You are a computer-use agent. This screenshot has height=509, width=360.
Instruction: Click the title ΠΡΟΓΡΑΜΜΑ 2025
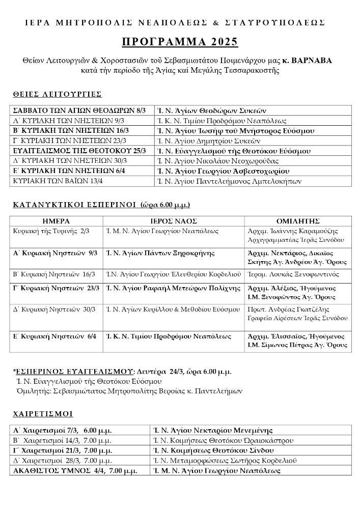click(x=180, y=41)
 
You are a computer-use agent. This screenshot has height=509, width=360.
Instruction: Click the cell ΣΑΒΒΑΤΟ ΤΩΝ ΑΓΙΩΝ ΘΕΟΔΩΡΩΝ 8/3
click(x=79, y=110)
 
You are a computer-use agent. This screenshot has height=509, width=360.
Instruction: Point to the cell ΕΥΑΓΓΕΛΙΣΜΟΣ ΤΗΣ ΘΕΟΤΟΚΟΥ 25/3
click(x=79, y=151)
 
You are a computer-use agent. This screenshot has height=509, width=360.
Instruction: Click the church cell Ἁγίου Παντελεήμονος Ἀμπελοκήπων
click(x=229, y=181)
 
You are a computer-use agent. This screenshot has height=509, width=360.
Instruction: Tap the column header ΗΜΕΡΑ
click(x=56, y=221)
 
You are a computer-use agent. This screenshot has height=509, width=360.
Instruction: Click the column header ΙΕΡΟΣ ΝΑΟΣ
click(x=173, y=221)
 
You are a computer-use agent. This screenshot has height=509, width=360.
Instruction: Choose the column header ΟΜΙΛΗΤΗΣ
click(x=297, y=221)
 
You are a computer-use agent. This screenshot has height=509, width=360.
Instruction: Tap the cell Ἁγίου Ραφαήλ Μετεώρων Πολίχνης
click(x=173, y=289)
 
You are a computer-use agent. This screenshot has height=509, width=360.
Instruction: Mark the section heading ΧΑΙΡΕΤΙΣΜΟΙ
click(x=43, y=413)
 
